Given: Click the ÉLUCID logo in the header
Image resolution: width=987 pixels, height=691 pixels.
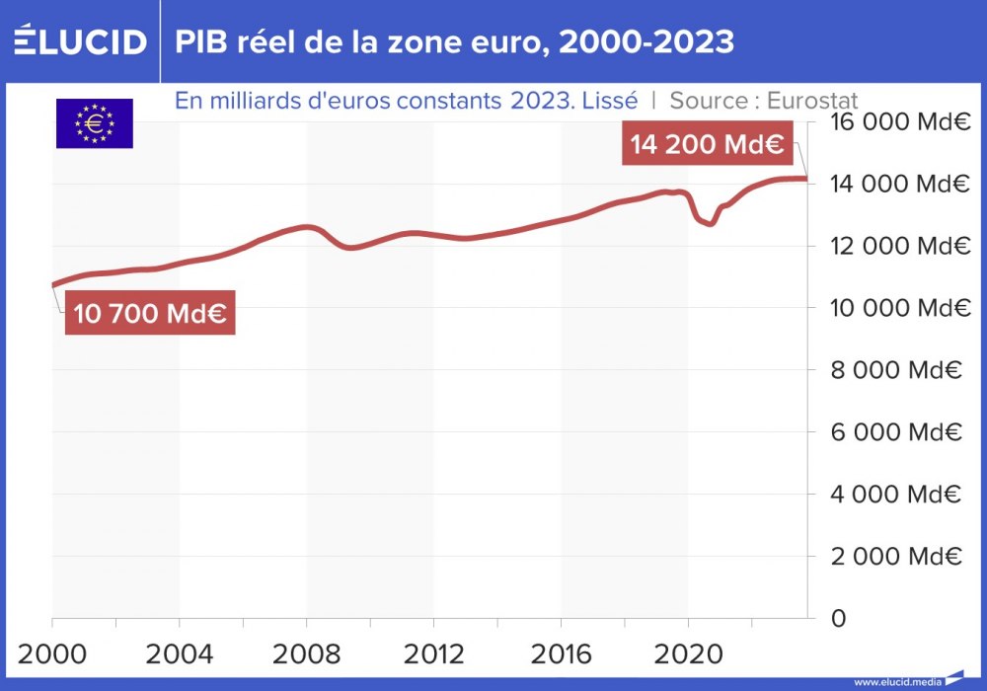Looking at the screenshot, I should point(80,41).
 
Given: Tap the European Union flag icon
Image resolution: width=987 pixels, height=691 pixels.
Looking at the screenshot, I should point(95,124).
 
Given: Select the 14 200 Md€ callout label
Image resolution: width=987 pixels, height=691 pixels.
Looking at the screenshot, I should point(707,145).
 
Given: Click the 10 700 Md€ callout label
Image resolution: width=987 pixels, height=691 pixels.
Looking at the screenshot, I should point(150,314).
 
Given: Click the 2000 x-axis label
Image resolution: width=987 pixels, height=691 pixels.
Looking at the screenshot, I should point(51,653).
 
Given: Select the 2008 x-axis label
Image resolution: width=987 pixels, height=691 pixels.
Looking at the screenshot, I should point(306,653).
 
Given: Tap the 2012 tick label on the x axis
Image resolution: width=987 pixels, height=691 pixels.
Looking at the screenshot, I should point(433,653).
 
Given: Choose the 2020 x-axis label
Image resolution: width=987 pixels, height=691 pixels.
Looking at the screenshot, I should point(688,653).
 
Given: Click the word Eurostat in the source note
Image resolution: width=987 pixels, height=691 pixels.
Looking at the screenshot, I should point(811,101).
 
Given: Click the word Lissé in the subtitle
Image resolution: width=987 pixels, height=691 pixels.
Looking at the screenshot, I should point(610,101).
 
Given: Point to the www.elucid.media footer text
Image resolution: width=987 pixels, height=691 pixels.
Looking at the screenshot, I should point(898,681).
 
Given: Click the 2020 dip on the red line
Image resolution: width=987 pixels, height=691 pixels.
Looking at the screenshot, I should point(709,223).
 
